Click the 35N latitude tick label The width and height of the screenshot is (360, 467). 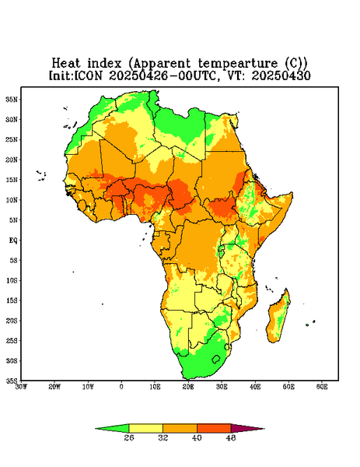click(x=12, y=99)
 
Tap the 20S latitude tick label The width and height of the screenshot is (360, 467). click(x=12, y=321)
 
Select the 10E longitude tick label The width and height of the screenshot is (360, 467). click(x=155, y=387)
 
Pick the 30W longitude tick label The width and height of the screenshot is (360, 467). click(x=22, y=387)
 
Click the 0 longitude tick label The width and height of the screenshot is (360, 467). click(x=121, y=387)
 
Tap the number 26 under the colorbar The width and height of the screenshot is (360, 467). click(x=129, y=437)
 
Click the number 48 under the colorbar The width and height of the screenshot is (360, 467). click(x=231, y=437)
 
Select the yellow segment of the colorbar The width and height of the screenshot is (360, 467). click(x=145, y=428)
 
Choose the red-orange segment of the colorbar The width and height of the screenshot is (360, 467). click(x=214, y=428)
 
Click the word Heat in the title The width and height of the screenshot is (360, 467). click(x=66, y=63)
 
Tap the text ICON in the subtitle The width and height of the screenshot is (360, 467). click(x=88, y=75)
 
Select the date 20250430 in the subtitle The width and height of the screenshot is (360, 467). click(x=281, y=75)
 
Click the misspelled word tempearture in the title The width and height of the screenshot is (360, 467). click(x=238, y=64)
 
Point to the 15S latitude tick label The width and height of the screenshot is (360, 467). click(x=12, y=300)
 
